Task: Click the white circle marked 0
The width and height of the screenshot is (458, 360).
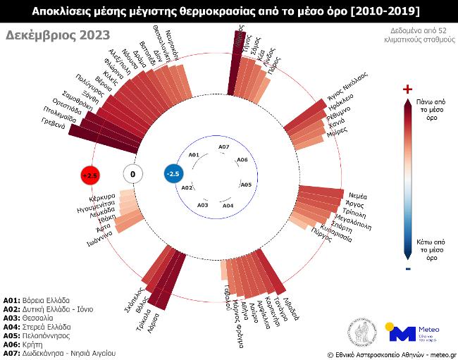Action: (x=132, y=173)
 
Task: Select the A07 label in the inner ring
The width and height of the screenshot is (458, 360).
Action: (x=223, y=147)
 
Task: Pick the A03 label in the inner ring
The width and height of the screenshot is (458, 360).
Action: (x=202, y=204)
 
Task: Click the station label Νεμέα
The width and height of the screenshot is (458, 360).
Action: (x=358, y=196)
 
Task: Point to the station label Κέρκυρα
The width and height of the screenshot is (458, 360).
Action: (x=93, y=197)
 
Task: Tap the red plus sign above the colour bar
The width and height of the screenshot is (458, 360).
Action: (x=407, y=89)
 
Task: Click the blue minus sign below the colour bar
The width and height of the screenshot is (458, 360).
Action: (x=407, y=268)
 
